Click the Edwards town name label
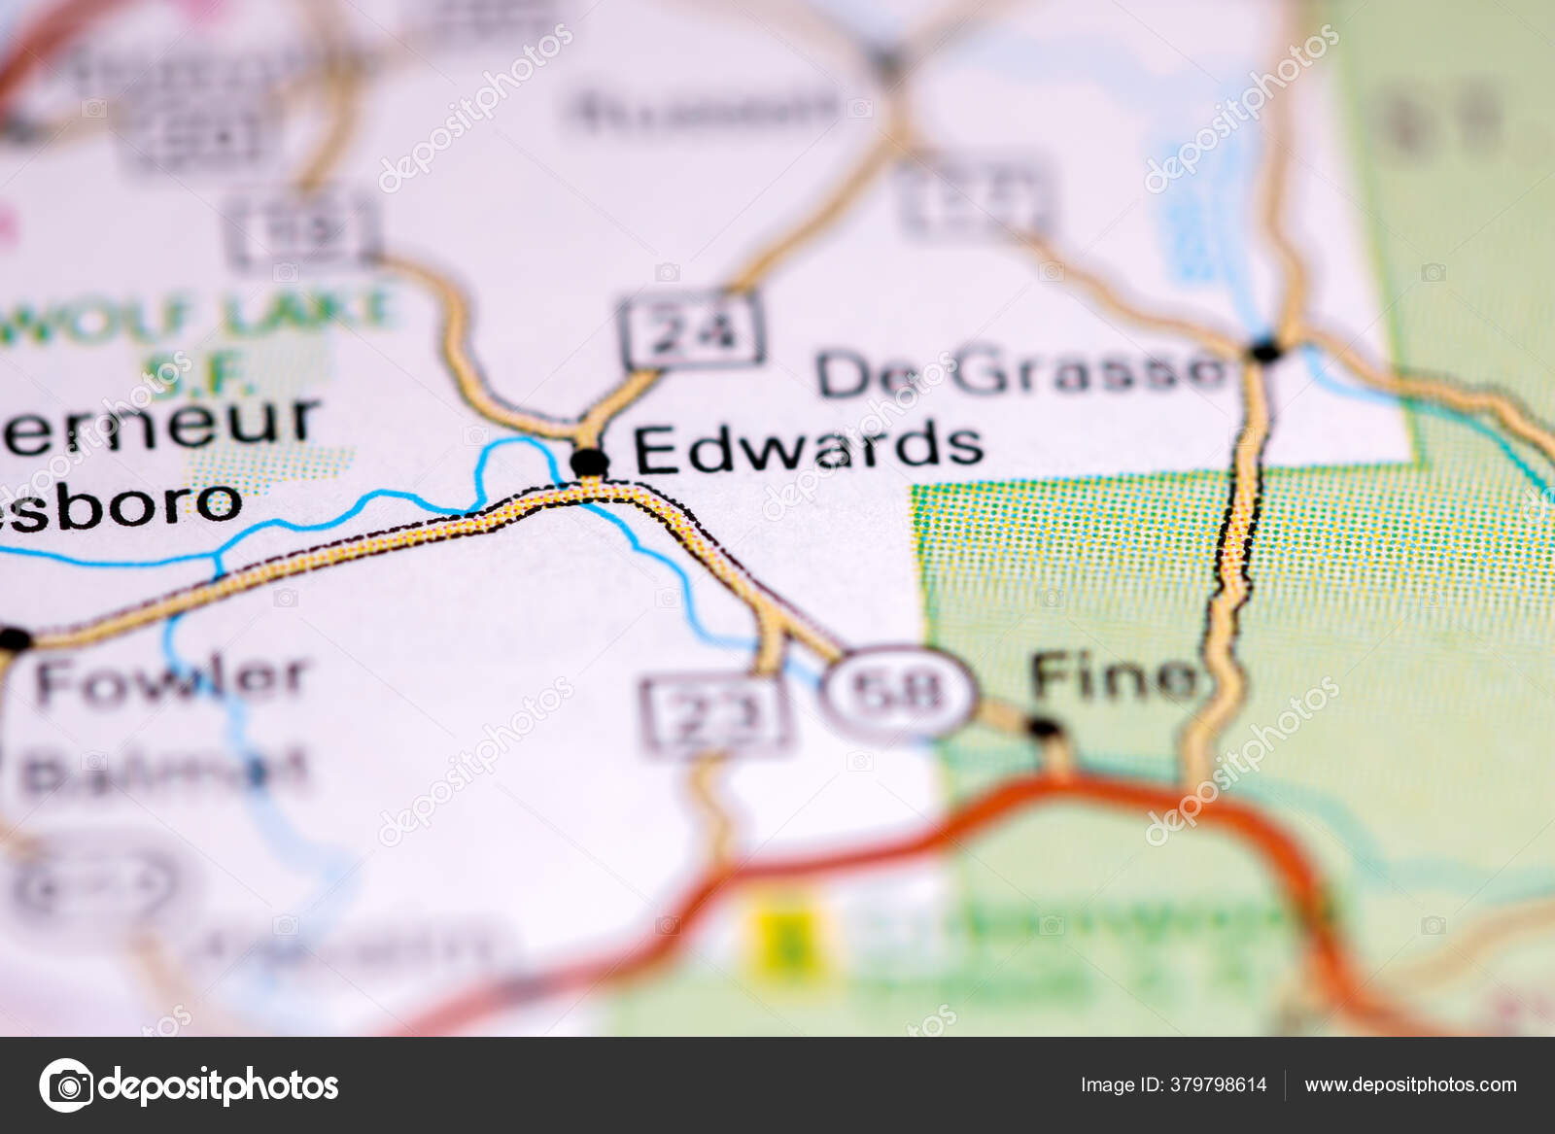click(x=808, y=447)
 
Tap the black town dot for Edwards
click(x=589, y=461)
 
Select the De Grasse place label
click(x=1020, y=372)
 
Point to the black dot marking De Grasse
click(x=1265, y=351)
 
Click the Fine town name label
click(x=1115, y=676)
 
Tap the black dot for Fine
click(x=1044, y=728)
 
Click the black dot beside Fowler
click(x=16, y=639)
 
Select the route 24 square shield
click(x=691, y=330)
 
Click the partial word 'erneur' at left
click(x=160, y=425)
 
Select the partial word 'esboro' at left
click(x=121, y=503)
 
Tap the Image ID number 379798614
click(x=1173, y=1084)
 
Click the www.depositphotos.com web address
click(x=1410, y=1084)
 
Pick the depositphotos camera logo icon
click(x=67, y=1084)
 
